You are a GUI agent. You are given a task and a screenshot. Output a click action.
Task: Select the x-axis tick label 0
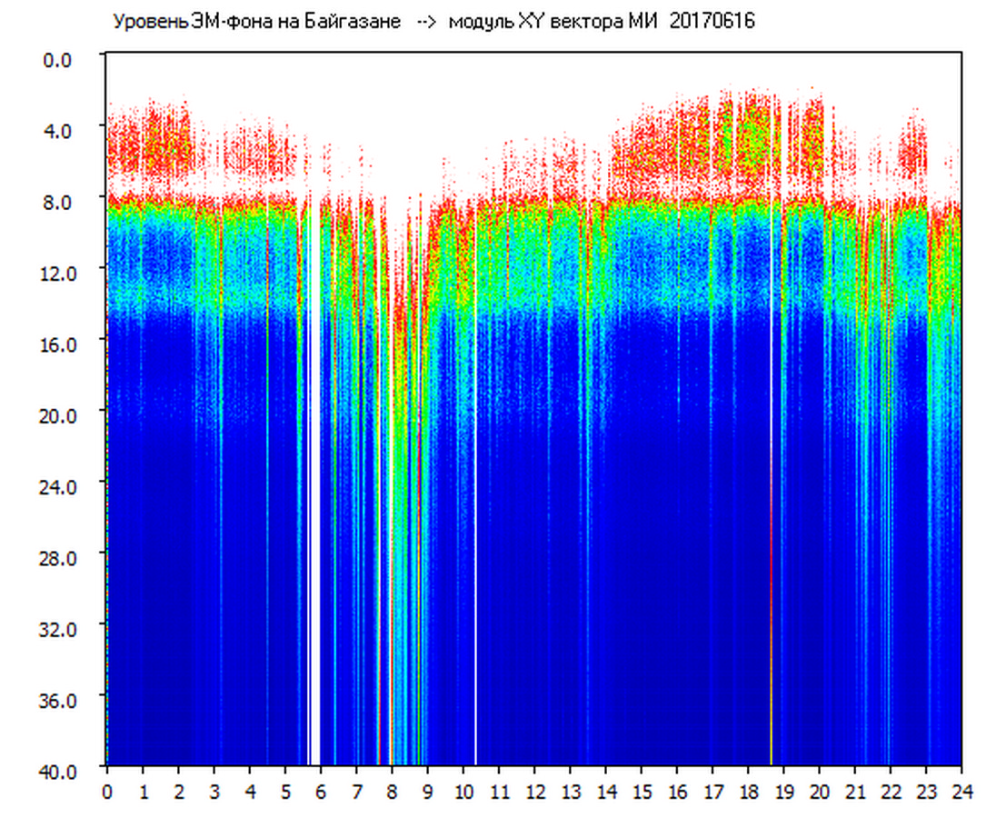(x=107, y=792)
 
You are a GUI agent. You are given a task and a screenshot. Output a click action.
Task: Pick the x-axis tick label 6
(x=321, y=792)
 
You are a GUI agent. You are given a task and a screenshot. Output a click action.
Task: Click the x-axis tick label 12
(x=534, y=792)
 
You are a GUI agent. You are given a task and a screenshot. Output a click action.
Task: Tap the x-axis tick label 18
(x=748, y=792)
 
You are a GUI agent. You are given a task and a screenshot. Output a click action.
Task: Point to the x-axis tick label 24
(x=961, y=792)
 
